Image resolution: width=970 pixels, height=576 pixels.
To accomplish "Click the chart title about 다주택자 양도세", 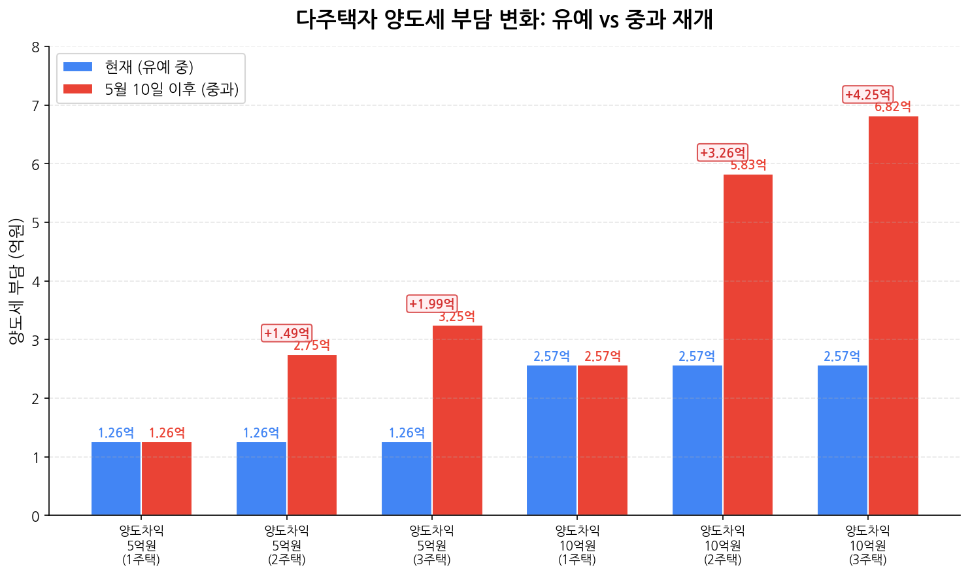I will coord(504,20).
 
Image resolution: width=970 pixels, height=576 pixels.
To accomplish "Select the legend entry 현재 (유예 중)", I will coord(149,67).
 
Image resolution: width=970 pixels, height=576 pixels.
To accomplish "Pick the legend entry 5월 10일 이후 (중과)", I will coord(171,89).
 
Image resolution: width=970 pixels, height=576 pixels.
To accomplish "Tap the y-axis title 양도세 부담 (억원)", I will coord(16,281).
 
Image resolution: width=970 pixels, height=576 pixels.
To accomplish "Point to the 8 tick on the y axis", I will coord(35,47).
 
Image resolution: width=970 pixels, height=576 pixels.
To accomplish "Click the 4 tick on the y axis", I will coord(35,282).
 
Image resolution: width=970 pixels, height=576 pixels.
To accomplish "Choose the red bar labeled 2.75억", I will coord(312,435).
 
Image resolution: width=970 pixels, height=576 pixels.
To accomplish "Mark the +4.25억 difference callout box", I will coord(867,95).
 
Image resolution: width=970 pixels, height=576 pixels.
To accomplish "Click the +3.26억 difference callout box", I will coord(722,153).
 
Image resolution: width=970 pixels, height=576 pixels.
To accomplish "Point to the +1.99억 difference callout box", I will coord(431,304).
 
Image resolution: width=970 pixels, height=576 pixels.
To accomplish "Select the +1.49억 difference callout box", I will coord(286,333).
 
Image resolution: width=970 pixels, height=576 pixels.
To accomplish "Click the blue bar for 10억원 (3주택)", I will coord(842,440).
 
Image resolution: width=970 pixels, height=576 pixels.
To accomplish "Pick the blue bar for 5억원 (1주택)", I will coord(116,479).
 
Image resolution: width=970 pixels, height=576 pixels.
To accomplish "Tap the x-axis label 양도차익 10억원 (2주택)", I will coord(722,545).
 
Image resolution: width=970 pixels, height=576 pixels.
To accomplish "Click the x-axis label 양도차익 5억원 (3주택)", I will coord(431,545).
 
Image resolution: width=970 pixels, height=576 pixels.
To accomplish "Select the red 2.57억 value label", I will coord(602,356).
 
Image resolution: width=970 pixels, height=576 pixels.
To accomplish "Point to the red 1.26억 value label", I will coord(167,433).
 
